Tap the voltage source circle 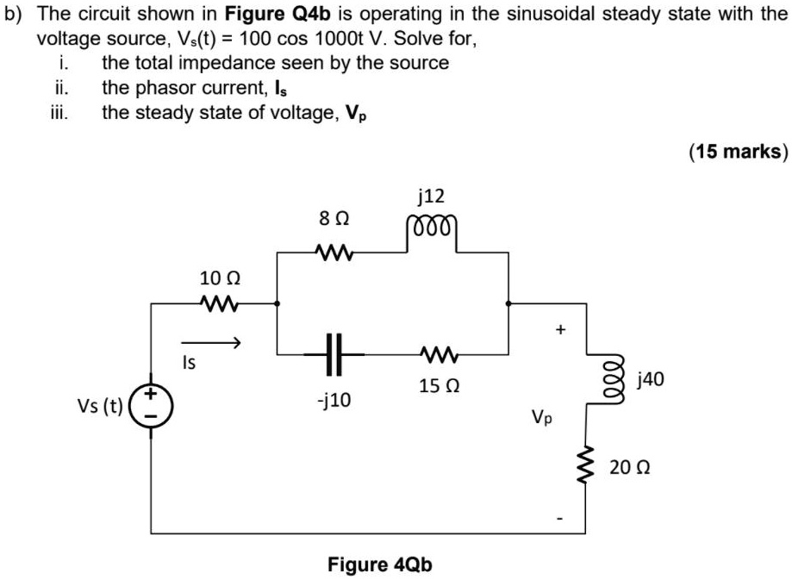(x=152, y=405)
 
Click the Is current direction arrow (x=209, y=343)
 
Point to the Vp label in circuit (x=542, y=419)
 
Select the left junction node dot (x=276, y=303)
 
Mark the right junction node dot (x=508, y=303)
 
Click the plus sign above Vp (x=561, y=328)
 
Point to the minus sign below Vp (x=561, y=518)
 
